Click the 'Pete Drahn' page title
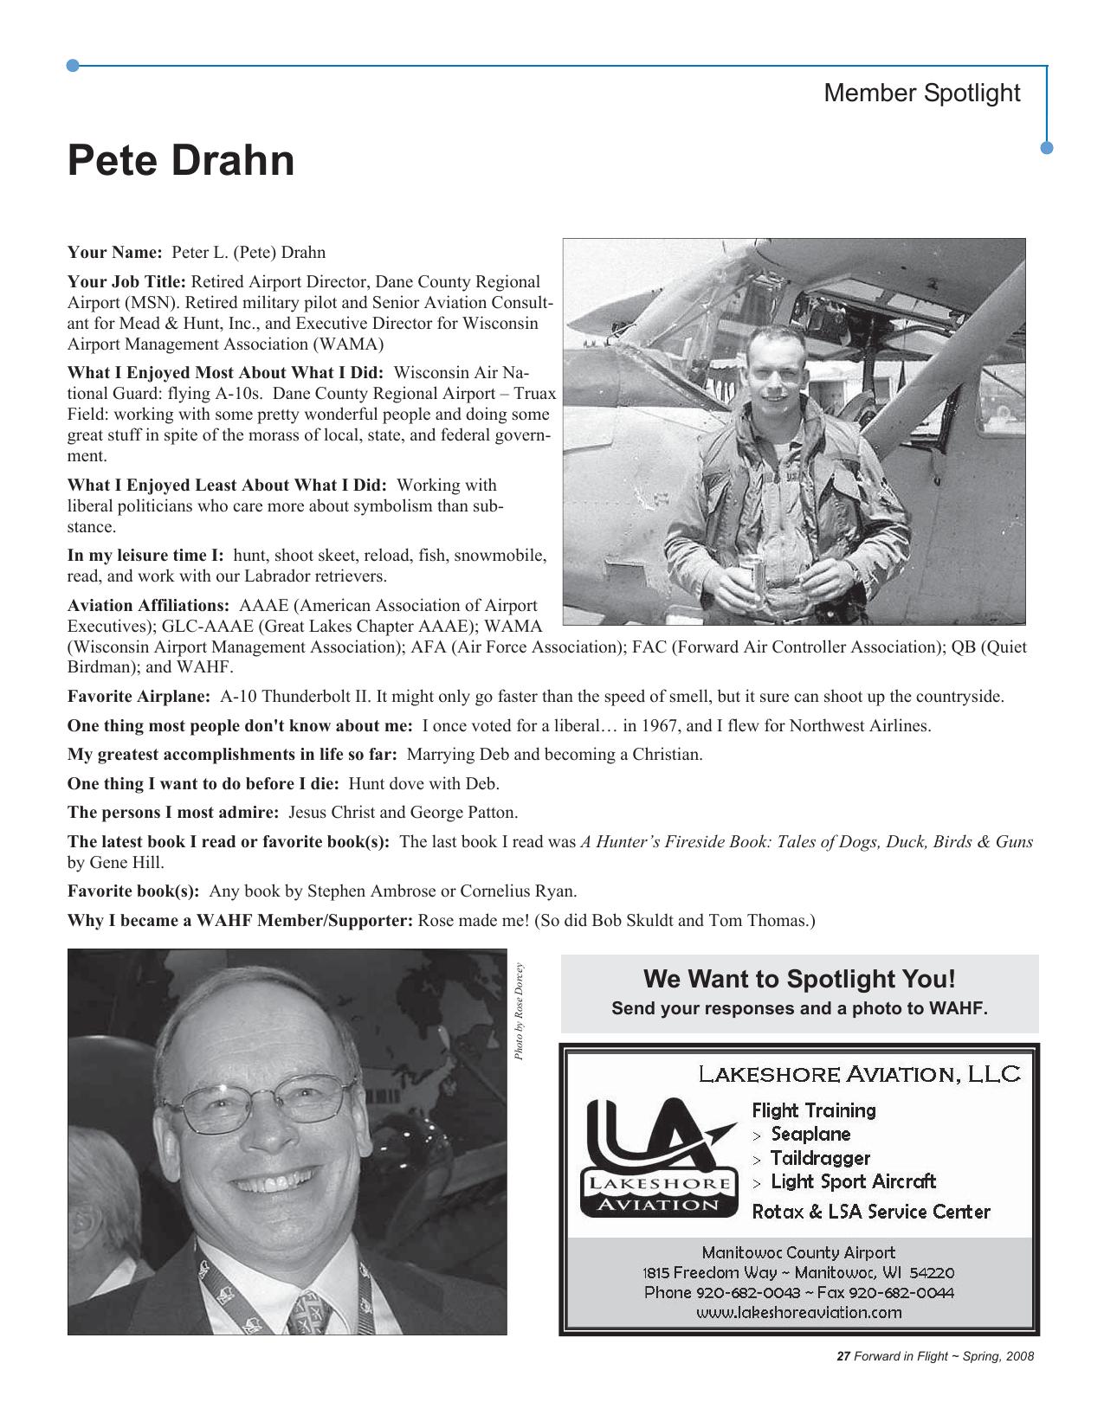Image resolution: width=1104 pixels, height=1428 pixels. point(181,161)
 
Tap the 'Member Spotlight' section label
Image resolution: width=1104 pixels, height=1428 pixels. point(921,93)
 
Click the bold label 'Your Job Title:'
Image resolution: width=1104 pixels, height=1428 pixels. point(126,282)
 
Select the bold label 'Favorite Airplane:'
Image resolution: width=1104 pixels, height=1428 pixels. point(139,697)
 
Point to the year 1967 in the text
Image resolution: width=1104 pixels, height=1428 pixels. point(661,726)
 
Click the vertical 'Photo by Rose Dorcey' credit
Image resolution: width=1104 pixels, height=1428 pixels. point(519,1012)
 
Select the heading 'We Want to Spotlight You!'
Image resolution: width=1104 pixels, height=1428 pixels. point(799,979)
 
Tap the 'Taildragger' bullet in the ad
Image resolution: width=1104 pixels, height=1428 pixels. point(819,1158)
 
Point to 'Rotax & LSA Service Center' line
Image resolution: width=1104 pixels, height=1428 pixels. point(870,1212)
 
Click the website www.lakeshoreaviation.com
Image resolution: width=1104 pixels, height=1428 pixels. point(798,1312)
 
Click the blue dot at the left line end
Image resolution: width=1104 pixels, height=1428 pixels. point(74,65)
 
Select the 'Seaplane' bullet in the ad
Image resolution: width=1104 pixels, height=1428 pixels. point(810,1134)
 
